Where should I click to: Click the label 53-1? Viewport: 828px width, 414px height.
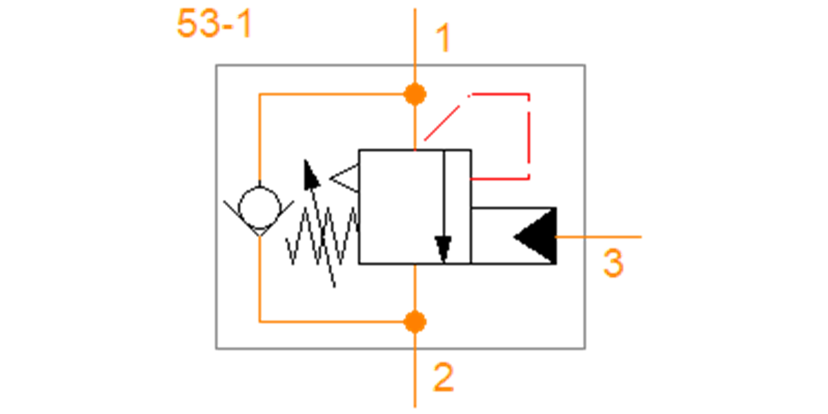215,24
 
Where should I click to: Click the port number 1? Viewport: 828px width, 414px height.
443,38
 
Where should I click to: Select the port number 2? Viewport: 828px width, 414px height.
443,377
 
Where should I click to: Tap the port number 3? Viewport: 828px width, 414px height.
613,263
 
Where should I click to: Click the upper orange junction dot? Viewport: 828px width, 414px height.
415,95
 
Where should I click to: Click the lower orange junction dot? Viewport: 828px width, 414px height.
415,322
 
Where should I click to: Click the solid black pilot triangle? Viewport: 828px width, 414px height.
535,236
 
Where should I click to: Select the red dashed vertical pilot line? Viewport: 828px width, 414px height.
529,136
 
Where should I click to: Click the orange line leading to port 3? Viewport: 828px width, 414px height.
598,237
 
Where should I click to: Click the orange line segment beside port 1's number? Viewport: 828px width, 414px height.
415,46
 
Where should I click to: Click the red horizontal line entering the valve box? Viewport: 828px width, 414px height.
500,179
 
